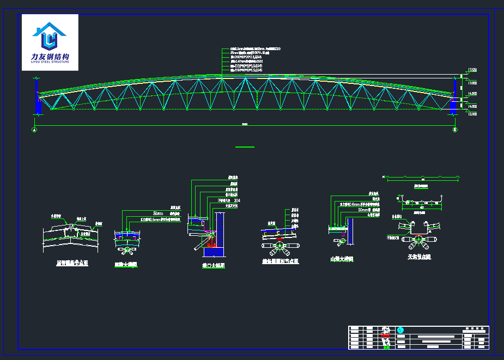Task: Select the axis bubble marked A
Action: [35, 130]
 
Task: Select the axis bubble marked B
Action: [455, 130]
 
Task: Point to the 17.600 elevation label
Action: [472, 70]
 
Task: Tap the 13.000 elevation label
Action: [472, 114]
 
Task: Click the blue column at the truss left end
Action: [38, 98]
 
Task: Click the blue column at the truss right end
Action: [454, 98]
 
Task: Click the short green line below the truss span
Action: [245, 147]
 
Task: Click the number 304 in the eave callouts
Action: [236, 200]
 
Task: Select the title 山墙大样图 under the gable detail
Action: [342, 260]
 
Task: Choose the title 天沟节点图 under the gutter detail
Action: [419, 257]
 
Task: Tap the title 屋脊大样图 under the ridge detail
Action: [126, 265]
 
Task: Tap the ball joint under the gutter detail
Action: [418, 239]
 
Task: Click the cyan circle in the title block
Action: [401, 330]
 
